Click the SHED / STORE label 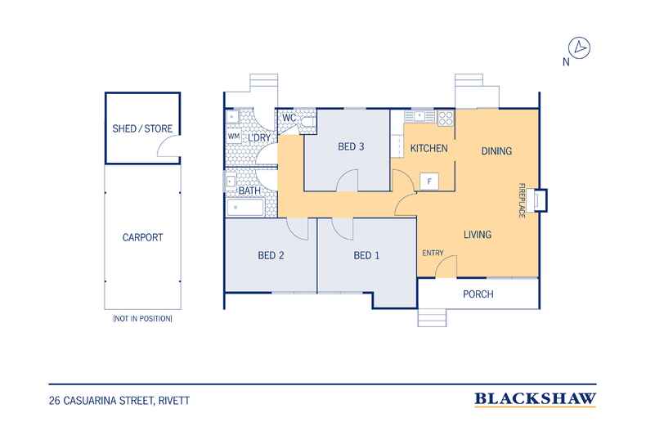click(x=142, y=128)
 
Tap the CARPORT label click(x=142, y=237)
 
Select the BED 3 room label click(x=351, y=146)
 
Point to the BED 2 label click(x=271, y=255)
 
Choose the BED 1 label click(x=366, y=255)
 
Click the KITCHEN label click(x=428, y=148)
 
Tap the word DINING click(x=496, y=151)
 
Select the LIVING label click(x=478, y=235)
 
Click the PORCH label click(x=478, y=294)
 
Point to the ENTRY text click(x=433, y=253)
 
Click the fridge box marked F click(x=429, y=182)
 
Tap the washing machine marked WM click(x=234, y=136)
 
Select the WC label click(x=289, y=118)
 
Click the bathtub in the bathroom click(x=245, y=208)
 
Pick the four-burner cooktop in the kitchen click(x=446, y=119)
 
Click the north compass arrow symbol click(x=579, y=47)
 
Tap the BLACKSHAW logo click(x=535, y=399)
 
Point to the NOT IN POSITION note click(x=142, y=318)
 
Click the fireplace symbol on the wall click(x=541, y=200)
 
